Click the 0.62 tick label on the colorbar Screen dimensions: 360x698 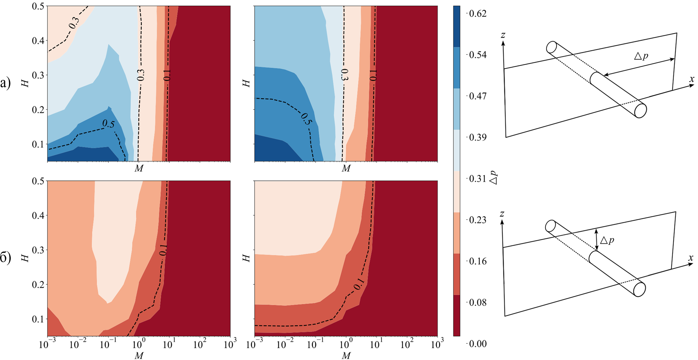coord(478,13)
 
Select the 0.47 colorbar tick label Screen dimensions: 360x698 coord(478,96)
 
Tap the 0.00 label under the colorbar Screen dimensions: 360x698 coord(478,344)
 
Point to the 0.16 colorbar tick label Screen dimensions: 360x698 coord(478,261)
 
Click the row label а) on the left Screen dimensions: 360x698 coord(6,84)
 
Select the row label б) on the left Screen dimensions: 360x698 coord(6,258)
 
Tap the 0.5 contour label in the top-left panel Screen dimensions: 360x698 coord(109,124)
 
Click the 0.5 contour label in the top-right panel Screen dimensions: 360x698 coord(306,119)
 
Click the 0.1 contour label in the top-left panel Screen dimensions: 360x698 coord(167,75)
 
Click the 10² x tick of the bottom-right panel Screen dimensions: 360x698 coord(407,344)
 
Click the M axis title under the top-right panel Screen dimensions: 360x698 coord(346,168)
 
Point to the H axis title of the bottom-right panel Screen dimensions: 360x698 coord(247,258)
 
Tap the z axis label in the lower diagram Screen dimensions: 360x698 coord(502,214)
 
